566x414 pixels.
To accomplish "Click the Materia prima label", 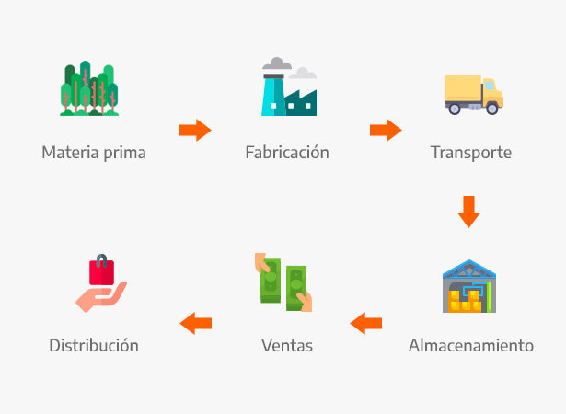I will [x=93, y=152].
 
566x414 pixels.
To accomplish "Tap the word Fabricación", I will [x=286, y=152].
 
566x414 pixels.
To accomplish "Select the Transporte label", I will [x=470, y=152].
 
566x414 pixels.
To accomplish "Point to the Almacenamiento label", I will [x=470, y=346].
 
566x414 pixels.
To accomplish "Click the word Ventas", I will [x=286, y=346].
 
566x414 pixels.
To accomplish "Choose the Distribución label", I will [x=93, y=346].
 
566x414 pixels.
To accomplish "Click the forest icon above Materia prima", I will [x=89, y=89].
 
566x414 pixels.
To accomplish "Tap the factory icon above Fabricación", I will [x=287, y=89].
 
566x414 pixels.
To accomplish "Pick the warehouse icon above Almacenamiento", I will [x=468, y=286].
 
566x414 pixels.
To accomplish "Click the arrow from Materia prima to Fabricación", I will [x=195, y=130].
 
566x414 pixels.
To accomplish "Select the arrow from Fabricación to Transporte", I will [x=386, y=130].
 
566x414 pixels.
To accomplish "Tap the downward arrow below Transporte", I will [x=469, y=212].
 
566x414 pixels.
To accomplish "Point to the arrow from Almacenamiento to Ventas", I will [x=366, y=323].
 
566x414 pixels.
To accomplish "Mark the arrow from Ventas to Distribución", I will [x=195, y=323].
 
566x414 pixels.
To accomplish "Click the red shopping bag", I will [x=101, y=270].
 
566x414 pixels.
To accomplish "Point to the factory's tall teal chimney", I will [x=271, y=92].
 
